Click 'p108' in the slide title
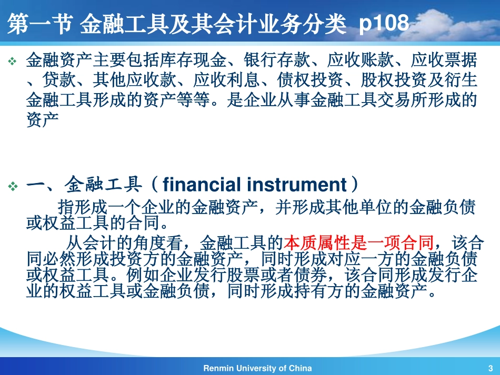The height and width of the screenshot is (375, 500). click(384, 23)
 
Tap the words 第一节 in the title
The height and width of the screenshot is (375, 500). click(39, 24)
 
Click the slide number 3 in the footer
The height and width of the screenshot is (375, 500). click(491, 368)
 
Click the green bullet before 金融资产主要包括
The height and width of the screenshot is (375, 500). click(12, 61)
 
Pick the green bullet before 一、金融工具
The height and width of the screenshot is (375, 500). click(13, 186)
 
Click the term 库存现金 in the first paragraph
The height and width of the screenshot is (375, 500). click(193, 60)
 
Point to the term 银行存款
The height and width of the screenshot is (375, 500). click(277, 60)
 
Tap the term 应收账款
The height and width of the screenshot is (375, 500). click(361, 60)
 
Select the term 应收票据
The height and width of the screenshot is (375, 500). click(444, 60)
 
